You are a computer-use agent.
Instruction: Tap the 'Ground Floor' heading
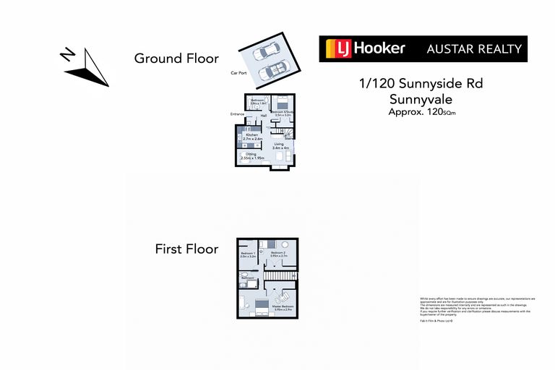[176, 59]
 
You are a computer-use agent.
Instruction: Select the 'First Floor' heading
[186, 249]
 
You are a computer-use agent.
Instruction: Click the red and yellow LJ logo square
[335, 49]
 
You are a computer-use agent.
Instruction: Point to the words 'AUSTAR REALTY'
[474, 49]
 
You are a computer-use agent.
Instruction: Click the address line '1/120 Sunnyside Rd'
[421, 83]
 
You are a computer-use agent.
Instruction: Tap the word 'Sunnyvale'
[421, 99]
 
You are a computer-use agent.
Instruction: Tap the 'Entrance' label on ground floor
[237, 114]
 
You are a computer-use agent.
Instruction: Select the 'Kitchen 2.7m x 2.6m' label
[252, 137]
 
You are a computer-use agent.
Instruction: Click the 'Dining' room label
[252, 155]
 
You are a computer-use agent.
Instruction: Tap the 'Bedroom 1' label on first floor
[248, 255]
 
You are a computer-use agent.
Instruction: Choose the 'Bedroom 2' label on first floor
[278, 255]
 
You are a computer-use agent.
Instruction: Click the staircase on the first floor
[280, 275]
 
